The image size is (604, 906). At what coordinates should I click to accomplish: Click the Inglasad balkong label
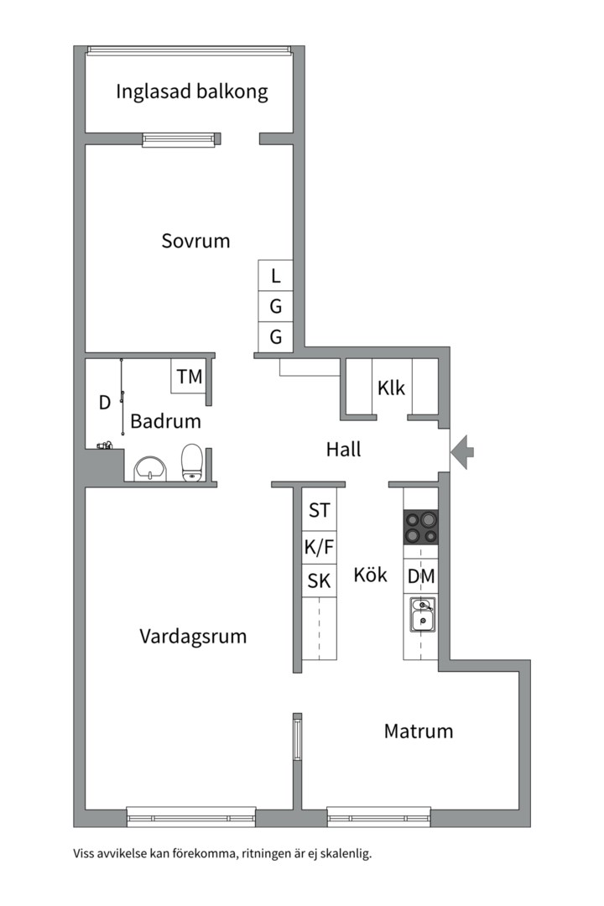pos(192,91)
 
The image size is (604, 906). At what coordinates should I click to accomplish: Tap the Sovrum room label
pos(195,242)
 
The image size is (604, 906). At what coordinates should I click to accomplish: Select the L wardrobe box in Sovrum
pos(275,275)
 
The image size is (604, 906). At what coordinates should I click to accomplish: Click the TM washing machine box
pos(190,377)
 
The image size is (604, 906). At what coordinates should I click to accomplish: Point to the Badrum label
pos(165,421)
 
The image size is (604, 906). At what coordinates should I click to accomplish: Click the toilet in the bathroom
pos(192,462)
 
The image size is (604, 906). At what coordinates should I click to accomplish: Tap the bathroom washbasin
pos(150,469)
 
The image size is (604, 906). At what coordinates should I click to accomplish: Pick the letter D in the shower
pos(105,403)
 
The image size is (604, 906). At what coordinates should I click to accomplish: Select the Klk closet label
pos(391,388)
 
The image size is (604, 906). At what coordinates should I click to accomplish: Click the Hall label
pos(343,450)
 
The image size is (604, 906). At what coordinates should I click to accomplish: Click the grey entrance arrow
pos(461,452)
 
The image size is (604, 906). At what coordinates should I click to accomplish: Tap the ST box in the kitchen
pos(319,510)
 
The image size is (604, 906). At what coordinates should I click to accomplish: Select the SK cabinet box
pos(319,581)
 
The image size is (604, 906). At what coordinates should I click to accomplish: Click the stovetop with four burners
pos(421,528)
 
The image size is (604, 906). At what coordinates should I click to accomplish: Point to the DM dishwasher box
pos(421,577)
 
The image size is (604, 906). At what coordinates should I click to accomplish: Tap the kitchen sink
pos(421,616)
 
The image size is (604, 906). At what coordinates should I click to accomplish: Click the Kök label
pos(370,575)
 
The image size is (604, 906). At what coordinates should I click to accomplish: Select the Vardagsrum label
pos(193,636)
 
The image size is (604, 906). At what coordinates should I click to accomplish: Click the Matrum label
pos(418,731)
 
